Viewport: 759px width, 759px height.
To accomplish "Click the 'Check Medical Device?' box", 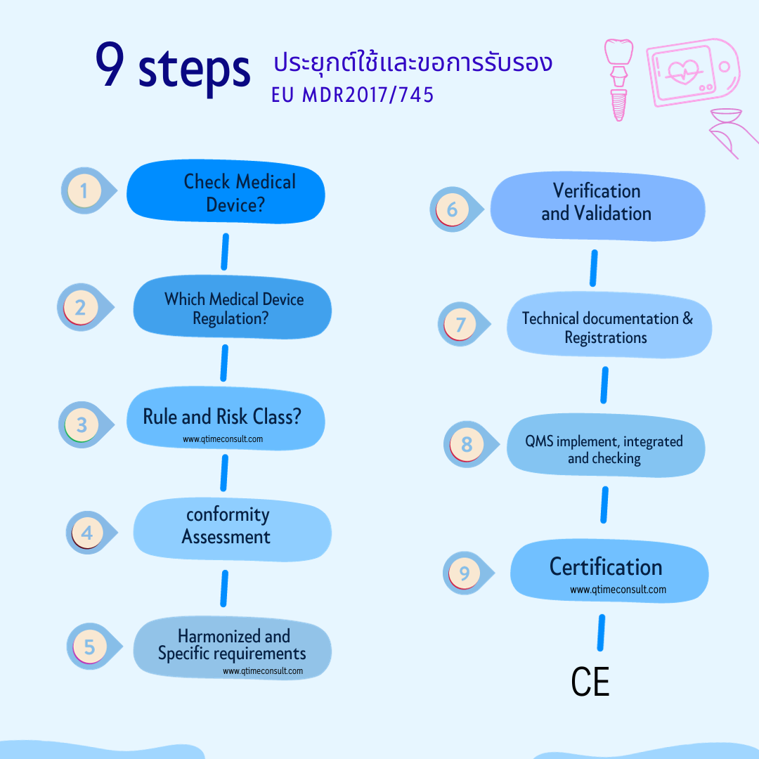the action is point(226,192).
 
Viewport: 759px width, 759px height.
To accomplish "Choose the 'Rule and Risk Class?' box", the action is point(226,418).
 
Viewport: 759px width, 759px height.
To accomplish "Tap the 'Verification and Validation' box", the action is point(598,206).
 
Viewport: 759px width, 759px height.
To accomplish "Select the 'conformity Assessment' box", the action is point(233,530).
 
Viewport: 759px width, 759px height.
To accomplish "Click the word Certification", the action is point(606,567).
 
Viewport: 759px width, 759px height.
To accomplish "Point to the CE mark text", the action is point(590,682).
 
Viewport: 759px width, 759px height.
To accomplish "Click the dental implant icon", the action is point(618,80).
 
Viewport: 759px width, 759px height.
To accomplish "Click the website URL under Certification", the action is point(618,590).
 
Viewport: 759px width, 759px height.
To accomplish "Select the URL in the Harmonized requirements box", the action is point(263,671).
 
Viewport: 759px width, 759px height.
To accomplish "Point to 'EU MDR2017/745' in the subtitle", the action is point(352,95).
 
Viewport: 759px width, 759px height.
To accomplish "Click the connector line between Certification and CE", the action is point(601,632).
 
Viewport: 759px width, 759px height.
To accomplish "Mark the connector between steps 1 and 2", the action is point(225,252).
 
